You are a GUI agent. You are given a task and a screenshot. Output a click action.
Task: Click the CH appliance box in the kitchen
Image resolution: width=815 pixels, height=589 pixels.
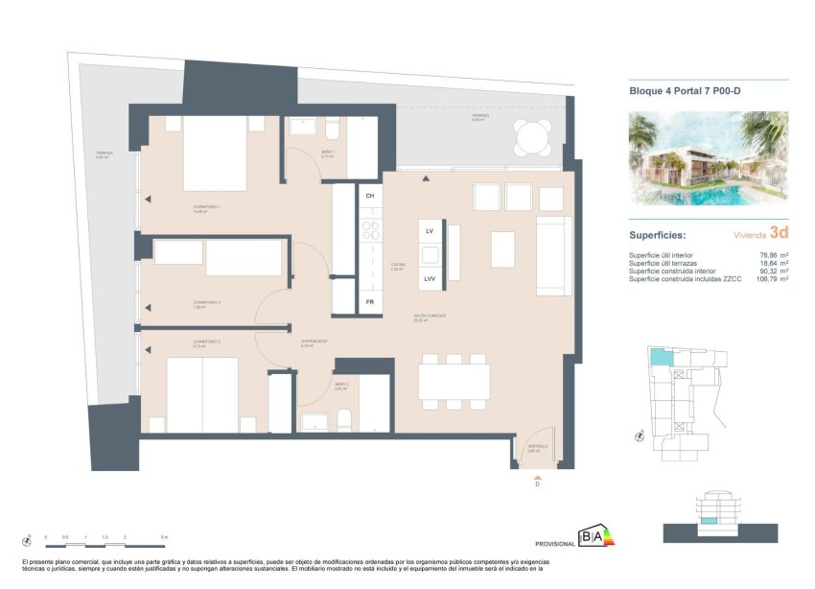tap(370, 196)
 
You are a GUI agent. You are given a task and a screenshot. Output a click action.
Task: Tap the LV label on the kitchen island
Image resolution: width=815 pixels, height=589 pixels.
tap(431, 231)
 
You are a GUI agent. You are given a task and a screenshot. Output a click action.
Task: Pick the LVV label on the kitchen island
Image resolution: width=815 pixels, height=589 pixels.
tap(431, 279)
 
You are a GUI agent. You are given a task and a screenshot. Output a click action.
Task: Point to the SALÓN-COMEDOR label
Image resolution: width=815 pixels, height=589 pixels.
tap(431, 316)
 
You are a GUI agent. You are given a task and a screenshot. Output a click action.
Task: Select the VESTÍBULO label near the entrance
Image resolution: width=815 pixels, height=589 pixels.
tap(537, 446)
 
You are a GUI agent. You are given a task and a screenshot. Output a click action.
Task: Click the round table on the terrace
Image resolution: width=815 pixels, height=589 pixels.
tap(531, 138)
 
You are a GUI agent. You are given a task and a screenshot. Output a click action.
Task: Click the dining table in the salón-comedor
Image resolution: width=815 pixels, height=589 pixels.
tap(454, 381)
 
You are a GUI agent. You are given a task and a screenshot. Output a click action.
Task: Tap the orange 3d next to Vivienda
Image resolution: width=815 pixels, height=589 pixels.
tap(779, 231)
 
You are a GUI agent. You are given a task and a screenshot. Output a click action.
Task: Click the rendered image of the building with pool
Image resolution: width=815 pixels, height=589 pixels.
tap(708, 158)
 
